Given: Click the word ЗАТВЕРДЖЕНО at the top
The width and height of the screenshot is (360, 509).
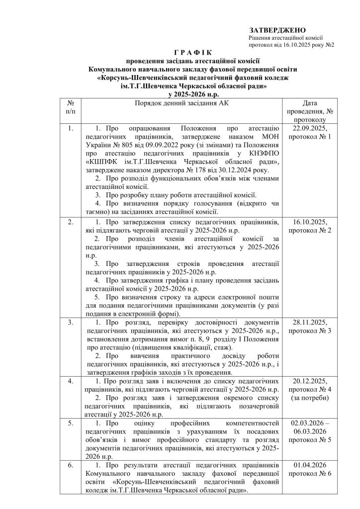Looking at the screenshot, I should pyautogui.click(x=277, y=30).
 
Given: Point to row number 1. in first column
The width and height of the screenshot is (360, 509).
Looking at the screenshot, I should pyautogui.click(x=71, y=128).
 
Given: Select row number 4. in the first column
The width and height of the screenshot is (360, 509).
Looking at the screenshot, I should pyautogui.click(x=71, y=381).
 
